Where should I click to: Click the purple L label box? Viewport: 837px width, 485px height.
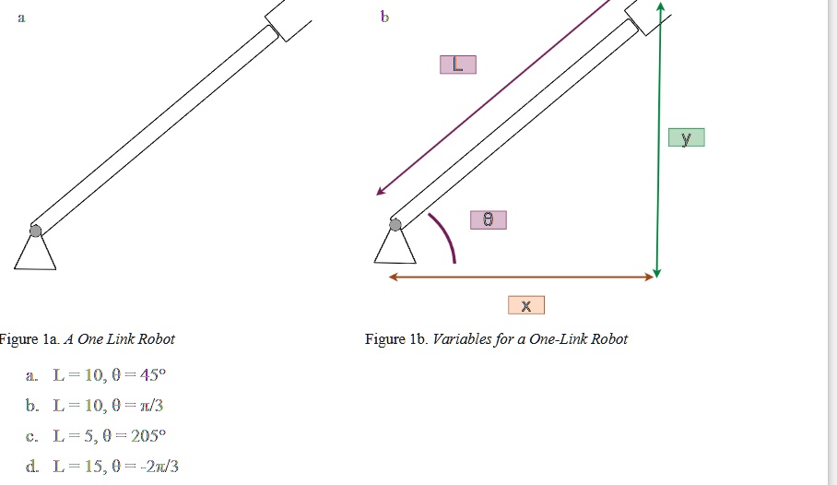(x=458, y=65)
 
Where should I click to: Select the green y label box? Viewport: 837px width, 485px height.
(x=686, y=138)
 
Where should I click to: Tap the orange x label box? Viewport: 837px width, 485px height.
(x=525, y=305)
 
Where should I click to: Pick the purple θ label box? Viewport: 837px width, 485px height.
(x=488, y=220)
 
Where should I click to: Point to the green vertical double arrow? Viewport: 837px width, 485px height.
(x=658, y=138)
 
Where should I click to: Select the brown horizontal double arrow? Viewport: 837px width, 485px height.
(x=521, y=277)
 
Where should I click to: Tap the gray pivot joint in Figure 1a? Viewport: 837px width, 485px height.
(x=35, y=231)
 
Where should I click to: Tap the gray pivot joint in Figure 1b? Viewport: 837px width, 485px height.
(x=395, y=224)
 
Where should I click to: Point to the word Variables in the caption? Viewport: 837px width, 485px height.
(x=463, y=339)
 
